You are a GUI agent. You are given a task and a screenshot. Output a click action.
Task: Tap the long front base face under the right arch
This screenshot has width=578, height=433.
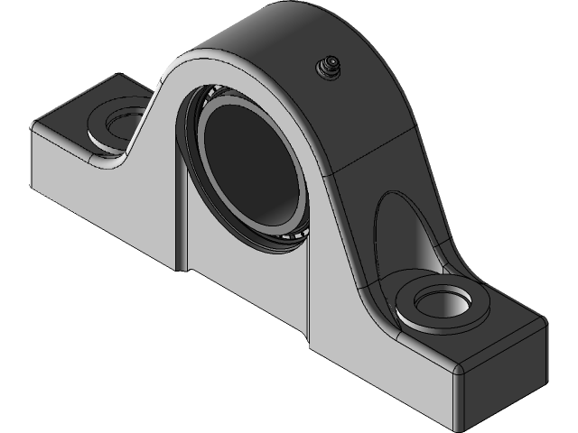379,361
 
